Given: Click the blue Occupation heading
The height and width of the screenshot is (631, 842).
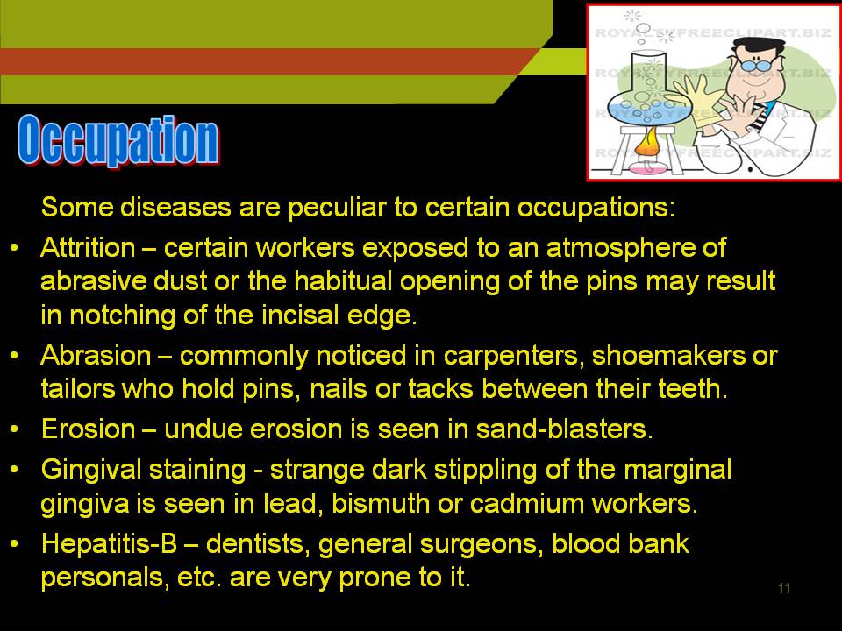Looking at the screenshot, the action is (118, 139).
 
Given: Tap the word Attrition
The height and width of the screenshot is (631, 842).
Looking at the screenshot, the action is (88, 248).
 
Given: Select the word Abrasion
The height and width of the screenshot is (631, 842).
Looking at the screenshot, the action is (96, 356).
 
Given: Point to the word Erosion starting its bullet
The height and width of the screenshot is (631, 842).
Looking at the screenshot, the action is (89, 429).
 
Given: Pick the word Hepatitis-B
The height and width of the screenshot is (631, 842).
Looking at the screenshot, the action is (109, 544).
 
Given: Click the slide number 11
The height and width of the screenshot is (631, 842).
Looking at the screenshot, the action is (784, 588).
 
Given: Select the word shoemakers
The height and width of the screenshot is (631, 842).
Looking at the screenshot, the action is (668, 356).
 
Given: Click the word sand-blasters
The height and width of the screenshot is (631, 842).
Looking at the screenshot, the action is (564, 429).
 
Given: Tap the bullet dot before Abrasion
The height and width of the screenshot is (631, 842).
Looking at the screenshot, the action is (15, 355).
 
